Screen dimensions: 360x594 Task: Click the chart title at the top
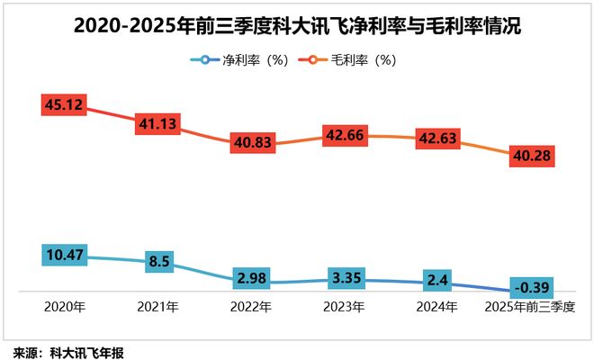pyautogui.click(x=297, y=27)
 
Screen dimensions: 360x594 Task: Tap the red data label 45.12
pyautogui.click(x=64, y=106)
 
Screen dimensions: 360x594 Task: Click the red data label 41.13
pyautogui.click(x=157, y=124)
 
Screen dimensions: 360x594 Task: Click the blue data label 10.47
pyautogui.click(x=64, y=256)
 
